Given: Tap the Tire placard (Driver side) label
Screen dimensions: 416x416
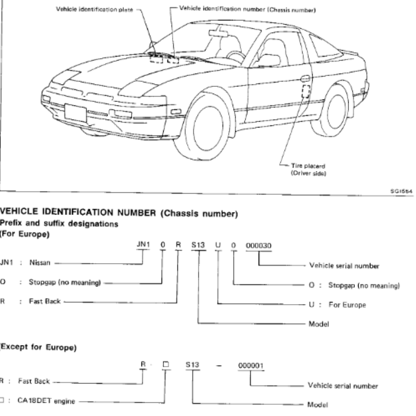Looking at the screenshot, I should tap(307, 170).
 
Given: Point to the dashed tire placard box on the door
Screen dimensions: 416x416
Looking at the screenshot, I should tap(306, 91).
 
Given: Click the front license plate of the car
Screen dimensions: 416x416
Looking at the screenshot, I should tap(75, 112).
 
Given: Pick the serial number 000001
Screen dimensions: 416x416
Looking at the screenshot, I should tap(251, 365).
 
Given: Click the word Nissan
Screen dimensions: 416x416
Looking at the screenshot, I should tap(40, 263).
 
